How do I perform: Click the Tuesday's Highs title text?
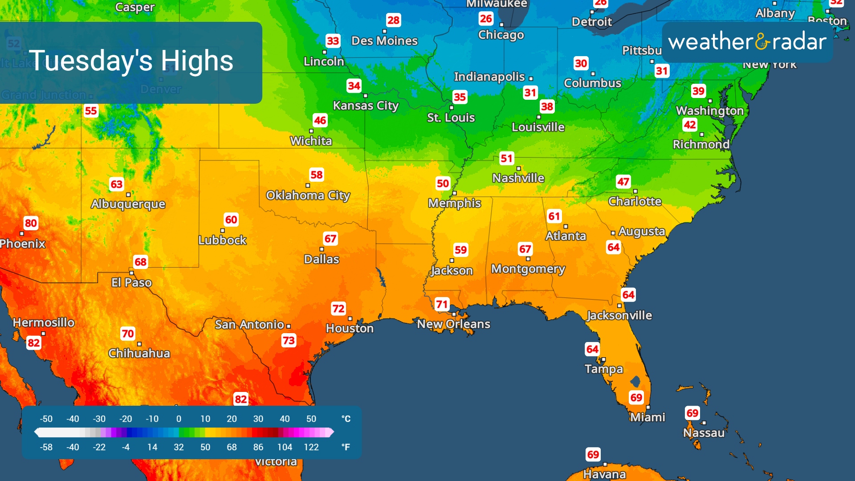[x=131, y=61]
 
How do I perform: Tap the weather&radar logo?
[x=747, y=42]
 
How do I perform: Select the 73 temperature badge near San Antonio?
[x=289, y=341]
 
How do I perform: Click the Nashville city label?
[x=518, y=178]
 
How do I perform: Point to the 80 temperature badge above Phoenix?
[x=31, y=223]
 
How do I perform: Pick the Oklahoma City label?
[x=308, y=196]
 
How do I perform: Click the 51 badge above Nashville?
[x=506, y=159]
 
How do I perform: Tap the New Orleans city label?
[x=453, y=324]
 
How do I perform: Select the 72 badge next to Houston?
[x=338, y=309]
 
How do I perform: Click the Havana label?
[x=604, y=474]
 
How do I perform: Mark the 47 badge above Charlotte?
[x=623, y=182]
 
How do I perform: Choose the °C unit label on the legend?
[x=346, y=419]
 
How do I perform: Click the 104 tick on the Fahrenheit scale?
[x=285, y=447]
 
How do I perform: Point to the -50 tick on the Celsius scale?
[x=46, y=419]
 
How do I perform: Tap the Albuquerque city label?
[x=128, y=204]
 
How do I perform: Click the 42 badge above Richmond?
[x=690, y=125]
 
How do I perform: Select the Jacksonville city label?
[x=619, y=315]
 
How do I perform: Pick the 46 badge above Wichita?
[x=320, y=120]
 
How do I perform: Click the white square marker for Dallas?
[x=322, y=249]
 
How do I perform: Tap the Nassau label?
[x=704, y=433]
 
